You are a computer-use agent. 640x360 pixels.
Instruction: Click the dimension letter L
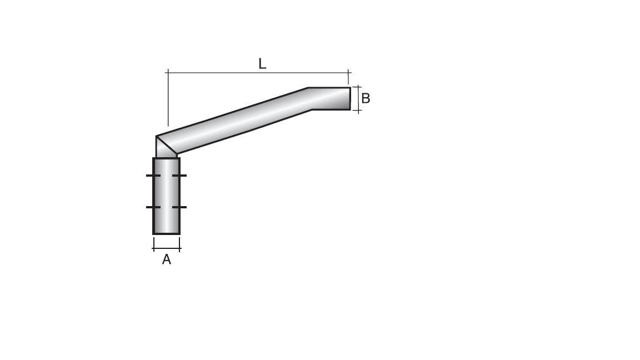262,64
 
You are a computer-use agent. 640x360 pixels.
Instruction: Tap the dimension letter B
366,99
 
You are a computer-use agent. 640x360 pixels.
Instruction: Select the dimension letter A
166,259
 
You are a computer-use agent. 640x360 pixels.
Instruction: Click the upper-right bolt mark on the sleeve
179,176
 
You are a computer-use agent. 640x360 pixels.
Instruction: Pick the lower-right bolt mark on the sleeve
179,207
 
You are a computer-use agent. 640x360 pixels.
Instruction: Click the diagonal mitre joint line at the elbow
167,145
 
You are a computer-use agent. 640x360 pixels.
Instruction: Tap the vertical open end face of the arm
350,99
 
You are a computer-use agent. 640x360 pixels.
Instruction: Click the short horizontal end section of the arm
331,99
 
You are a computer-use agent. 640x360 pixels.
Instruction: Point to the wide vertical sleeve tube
167,194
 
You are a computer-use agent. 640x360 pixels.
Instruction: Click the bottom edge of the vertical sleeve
167,234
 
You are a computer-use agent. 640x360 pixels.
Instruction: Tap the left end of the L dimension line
168,72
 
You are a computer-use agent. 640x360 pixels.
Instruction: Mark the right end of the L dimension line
348,72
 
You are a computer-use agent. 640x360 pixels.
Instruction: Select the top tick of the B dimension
358,87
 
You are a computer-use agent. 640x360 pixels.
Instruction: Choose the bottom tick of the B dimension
358,111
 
